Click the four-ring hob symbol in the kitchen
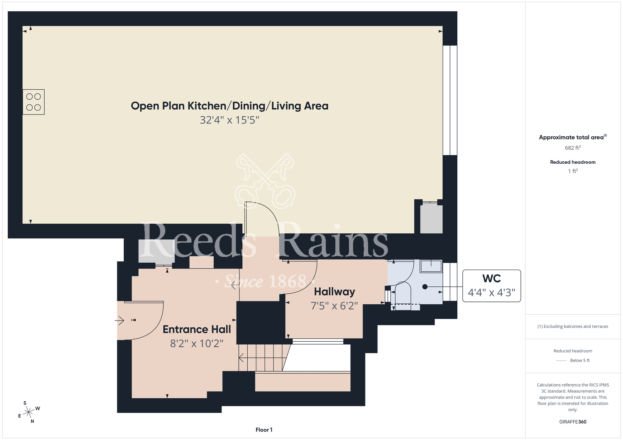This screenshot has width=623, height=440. point(34,102)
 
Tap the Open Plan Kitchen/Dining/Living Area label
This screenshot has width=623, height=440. point(230,106)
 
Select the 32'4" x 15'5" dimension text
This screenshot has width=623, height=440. point(230,120)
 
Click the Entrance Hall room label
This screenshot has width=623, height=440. point(197,329)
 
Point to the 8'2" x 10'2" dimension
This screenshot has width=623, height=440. point(197,343)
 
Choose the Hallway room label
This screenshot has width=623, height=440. point(335,292)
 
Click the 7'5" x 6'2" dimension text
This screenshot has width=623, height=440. point(334,306)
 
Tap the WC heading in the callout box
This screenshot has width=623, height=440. point(492,279)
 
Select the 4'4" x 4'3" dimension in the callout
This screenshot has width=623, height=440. point(492,293)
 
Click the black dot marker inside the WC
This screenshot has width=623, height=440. point(425,287)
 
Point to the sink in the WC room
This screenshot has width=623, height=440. point(431,266)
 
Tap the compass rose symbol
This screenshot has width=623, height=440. point(29,412)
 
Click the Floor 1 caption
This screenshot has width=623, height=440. point(264,430)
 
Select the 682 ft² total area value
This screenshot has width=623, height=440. point(573,148)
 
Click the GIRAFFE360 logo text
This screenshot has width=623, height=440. point(573,422)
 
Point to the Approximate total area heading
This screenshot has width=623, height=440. point(573,137)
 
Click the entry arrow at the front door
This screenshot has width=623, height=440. point(120,320)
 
